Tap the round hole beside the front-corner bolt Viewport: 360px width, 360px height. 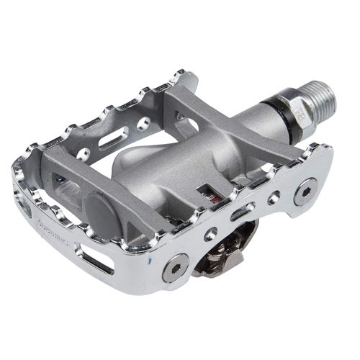210,234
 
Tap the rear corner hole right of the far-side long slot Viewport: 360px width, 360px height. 143,124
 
